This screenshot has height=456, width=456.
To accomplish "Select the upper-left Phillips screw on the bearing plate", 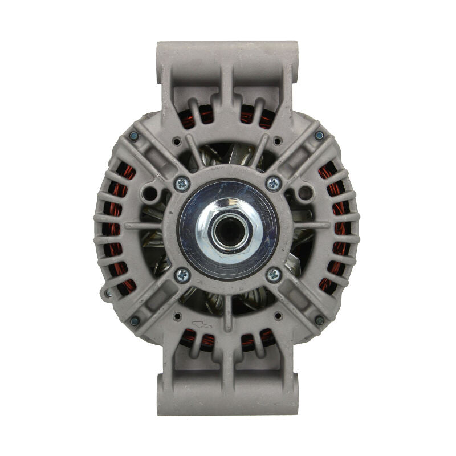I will pos(182,184).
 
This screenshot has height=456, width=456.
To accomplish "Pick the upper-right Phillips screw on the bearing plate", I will pos(274,184).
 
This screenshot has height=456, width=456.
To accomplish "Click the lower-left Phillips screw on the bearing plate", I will pos(182,275).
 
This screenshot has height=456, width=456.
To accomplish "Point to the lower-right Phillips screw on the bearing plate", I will pos(274,275).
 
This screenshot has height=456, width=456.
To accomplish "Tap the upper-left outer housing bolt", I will pos(134,136).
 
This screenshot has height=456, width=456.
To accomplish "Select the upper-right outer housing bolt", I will pos(319,136).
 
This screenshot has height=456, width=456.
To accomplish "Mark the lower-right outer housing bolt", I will pos(319,320).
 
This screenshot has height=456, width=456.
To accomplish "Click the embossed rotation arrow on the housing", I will pos(202,324).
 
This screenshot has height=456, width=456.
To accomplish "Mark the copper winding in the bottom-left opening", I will pos(197,340).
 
